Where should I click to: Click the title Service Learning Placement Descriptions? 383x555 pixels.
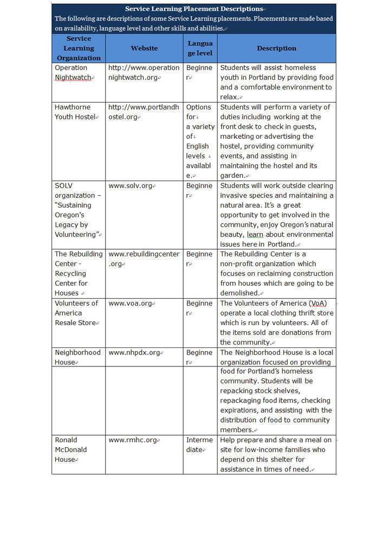click(x=193, y=9)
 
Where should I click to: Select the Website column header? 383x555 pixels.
click(x=144, y=48)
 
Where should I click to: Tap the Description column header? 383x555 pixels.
click(x=276, y=48)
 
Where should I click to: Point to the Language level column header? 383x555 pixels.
click(x=200, y=48)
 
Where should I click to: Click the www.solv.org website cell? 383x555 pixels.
click(x=131, y=186)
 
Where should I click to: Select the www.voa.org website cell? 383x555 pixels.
click(x=130, y=304)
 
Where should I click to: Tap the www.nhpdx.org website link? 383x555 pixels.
click(x=134, y=353)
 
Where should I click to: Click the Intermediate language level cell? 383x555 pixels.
click(x=199, y=445)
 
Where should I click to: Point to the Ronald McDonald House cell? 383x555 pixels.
click(x=71, y=450)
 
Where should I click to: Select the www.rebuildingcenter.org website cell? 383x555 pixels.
click(x=144, y=259)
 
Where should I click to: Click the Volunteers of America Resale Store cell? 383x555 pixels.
click(x=76, y=313)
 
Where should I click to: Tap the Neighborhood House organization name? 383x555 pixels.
click(x=77, y=357)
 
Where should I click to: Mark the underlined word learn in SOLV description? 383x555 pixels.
click(x=256, y=235)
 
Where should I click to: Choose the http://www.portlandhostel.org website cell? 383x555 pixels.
click(x=144, y=112)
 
